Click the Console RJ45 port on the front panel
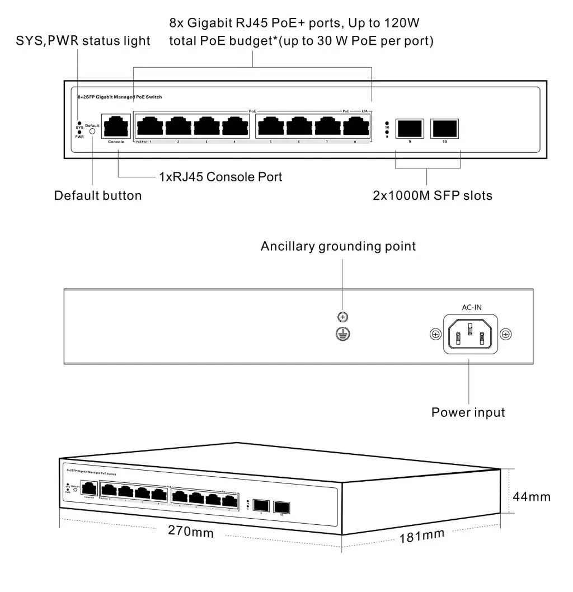116,126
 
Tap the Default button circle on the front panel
92,134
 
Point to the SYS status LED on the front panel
79,123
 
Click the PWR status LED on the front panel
79,132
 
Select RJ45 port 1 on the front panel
150,126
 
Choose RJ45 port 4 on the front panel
234,126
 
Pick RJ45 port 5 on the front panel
270,126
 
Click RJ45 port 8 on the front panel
355,126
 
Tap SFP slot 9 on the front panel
410,128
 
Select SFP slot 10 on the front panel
445,128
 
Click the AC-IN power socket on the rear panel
470,334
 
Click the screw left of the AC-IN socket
435,334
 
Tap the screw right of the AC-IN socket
506,334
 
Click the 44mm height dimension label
532,496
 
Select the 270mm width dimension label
191,531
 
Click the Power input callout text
468,412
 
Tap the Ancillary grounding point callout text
338,246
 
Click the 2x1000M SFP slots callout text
433,196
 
